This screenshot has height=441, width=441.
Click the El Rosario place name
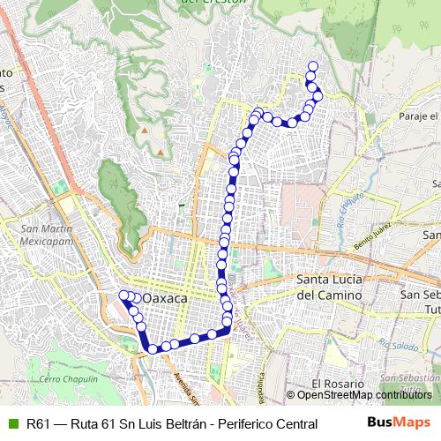pyautogui.click(x=337, y=385)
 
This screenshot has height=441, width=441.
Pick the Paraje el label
pyautogui.click(x=417, y=116)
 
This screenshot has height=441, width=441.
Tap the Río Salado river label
pyautogui.click(x=390, y=341)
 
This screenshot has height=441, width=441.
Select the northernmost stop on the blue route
pyautogui.click(x=311, y=65)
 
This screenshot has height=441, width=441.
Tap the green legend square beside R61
pyautogui.click(x=12, y=424)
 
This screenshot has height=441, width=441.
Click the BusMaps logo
pyautogui.click(x=399, y=423)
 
